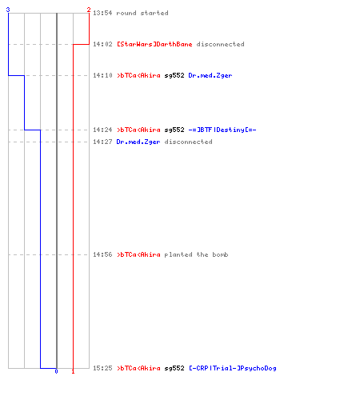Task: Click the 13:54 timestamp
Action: click(x=102, y=13)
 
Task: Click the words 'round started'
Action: click(x=142, y=13)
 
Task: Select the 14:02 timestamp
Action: click(x=102, y=44)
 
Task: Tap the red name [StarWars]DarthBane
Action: click(x=154, y=44)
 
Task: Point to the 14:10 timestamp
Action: click(x=102, y=75)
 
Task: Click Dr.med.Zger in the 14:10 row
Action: click(x=210, y=76)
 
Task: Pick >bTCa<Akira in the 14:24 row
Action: click(x=138, y=130)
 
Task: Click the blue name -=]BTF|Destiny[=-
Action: click(x=222, y=130)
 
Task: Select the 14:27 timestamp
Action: click(x=102, y=142)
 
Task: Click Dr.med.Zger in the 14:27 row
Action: click(x=138, y=142)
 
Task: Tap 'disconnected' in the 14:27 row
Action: click(x=188, y=142)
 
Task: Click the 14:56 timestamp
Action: click(x=102, y=254)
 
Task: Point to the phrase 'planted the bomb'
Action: click(x=196, y=254)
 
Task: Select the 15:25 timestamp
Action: click(x=102, y=368)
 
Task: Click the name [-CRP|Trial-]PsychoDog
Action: click(x=233, y=368)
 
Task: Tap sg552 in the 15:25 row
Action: click(x=174, y=369)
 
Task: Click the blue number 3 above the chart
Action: click(x=8, y=10)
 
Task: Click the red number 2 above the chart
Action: click(x=89, y=10)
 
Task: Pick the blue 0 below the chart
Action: click(x=56, y=371)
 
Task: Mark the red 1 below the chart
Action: click(x=73, y=371)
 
